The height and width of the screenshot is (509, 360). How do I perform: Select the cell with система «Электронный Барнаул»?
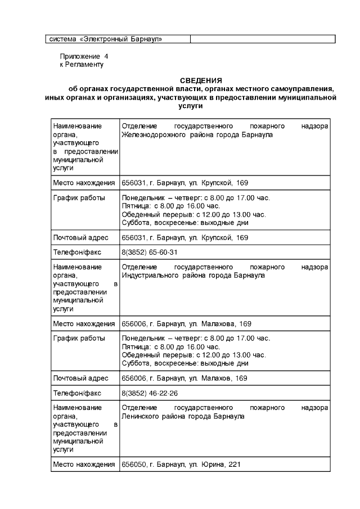[106, 39]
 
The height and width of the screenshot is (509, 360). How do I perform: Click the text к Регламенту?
[82, 65]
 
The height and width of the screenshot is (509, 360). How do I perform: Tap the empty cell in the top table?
[262, 39]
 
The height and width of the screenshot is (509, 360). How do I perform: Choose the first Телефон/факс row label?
[77, 252]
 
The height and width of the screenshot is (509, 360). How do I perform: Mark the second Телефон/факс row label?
[77, 393]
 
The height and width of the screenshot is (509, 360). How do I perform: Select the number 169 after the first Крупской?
[241, 183]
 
